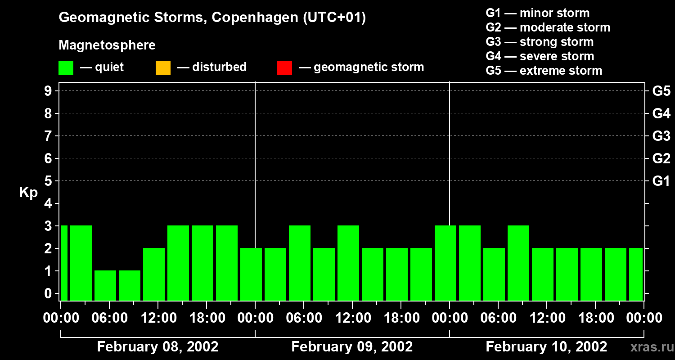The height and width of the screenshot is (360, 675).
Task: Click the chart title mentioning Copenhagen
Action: (x=212, y=18)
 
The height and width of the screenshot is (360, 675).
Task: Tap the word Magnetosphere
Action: (x=107, y=45)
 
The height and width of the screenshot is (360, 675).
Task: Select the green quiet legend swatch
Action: (x=66, y=68)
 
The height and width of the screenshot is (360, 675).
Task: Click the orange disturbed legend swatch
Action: (x=163, y=68)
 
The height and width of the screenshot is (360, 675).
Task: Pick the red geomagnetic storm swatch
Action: (x=284, y=68)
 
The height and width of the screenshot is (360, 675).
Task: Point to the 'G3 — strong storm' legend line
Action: (x=540, y=42)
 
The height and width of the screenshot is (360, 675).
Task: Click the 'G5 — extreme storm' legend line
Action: (x=544, y=71)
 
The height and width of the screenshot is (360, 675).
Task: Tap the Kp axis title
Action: (x=28, y=193)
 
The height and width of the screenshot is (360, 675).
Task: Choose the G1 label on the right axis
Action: (x=661, y=181)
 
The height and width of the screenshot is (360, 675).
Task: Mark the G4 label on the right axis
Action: (x=661, y=113)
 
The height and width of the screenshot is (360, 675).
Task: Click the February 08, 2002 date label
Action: (x=157, y=347)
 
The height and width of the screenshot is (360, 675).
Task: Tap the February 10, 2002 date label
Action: (x=546, y=347)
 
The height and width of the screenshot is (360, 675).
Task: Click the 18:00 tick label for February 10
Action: (x=595, y=318)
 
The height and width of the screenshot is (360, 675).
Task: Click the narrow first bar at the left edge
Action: (x=64, y=263)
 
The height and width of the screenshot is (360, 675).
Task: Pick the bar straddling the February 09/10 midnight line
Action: (x=445, y=263)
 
